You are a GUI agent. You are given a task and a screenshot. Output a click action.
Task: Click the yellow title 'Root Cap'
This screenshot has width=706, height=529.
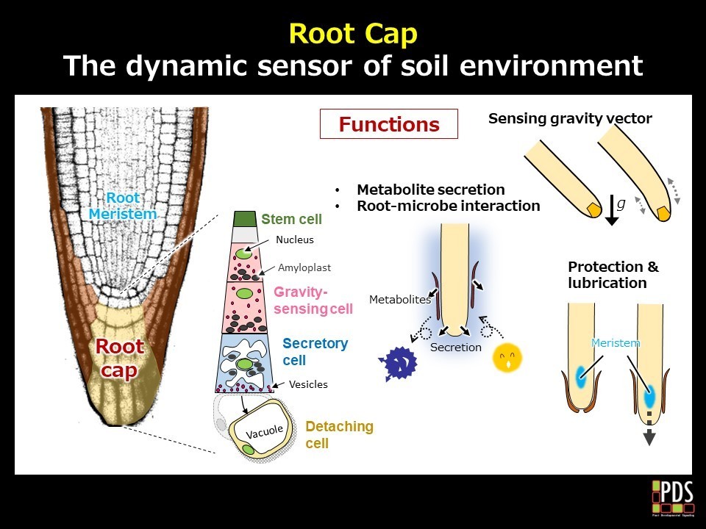352,33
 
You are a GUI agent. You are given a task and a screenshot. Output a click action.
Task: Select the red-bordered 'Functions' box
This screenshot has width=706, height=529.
388,124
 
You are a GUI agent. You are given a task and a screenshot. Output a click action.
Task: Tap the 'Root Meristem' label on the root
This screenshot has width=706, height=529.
123,206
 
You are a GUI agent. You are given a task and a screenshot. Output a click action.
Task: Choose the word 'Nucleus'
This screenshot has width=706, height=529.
295,240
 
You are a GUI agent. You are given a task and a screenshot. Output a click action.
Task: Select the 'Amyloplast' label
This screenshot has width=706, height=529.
304,268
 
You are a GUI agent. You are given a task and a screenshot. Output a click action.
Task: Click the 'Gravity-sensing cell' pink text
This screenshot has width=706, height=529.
313,301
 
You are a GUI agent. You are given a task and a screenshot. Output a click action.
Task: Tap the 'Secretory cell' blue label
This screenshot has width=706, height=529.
315,352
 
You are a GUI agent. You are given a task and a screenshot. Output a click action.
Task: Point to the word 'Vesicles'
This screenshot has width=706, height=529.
308,384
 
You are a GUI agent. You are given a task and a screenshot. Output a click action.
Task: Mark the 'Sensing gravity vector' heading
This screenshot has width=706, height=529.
570,118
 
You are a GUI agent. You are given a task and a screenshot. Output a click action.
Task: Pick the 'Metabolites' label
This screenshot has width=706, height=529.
399,299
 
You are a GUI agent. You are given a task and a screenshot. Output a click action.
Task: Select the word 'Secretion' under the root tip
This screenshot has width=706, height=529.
455,347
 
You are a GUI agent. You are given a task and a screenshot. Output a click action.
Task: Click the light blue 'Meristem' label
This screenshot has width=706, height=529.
616,343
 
